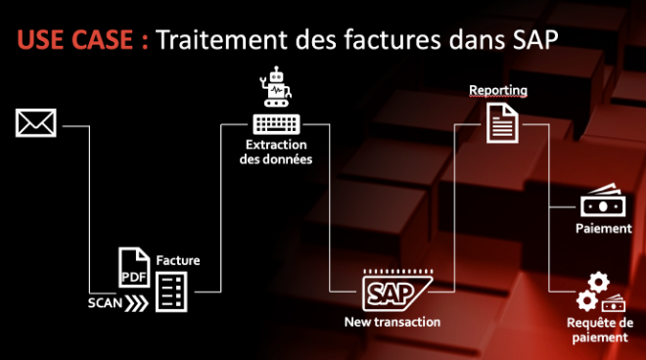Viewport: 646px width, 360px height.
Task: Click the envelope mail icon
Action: tap(36, 123)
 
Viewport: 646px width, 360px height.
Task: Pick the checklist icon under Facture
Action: tap(172, 291)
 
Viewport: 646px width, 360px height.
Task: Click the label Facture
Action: tap(178, 260)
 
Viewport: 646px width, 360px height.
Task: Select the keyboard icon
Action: tap(277, 124)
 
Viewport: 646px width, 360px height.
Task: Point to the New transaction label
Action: tap(392, 321)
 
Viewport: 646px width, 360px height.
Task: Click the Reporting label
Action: tap(498, 91)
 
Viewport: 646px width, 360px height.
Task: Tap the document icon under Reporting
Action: tap(502, 124)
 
